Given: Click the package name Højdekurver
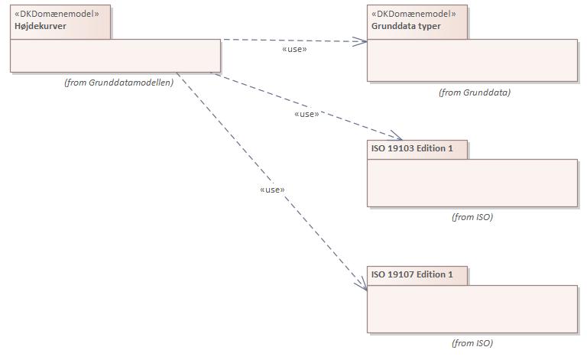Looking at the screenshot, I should tap(40, 26).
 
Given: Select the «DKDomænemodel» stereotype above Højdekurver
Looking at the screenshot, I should tap(57, 14).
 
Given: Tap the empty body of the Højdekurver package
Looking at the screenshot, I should tap(115, 56).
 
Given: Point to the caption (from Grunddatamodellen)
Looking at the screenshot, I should tap(118, 83).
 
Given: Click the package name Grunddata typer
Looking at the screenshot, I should tap(406, 26).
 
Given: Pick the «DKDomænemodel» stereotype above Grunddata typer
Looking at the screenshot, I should tap(413, 14).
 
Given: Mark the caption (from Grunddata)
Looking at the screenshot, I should tap(474, 92).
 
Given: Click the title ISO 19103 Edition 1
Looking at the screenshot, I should tap(412, 148).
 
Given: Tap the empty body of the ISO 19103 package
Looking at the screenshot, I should tap(472, 183).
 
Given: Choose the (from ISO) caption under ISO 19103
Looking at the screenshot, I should tap(472, 217).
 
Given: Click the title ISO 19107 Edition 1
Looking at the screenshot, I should tap(412, 274).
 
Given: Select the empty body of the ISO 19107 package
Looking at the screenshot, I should tap(472, 309).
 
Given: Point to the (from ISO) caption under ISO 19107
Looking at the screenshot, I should tap(472, 343).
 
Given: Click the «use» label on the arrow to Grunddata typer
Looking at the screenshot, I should tap(294, 49).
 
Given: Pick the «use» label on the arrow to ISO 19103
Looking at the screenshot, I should tap(306, 114).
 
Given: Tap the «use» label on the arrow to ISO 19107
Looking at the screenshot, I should tap(272, 190).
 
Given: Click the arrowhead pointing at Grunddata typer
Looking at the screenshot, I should tap(362, 43).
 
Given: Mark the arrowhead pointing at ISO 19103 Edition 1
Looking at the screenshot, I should tap(396, 135).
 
